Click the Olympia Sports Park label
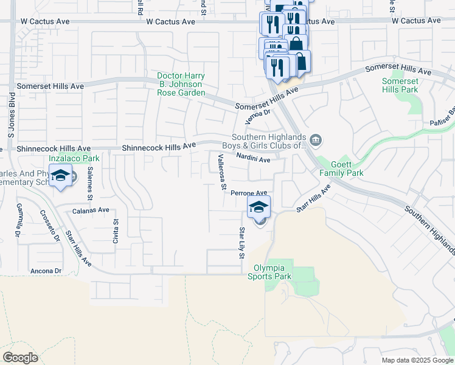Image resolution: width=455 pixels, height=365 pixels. pyautogui.click(x=269, y=271)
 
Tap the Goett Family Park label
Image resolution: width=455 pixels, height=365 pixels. pyautogui.click(x=341, y=169)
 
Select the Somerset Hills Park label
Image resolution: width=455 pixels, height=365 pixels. pyautogui.click(x=400, y=85)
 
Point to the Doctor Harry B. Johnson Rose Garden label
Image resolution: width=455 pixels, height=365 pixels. pyautogui.click(x=181, y=85)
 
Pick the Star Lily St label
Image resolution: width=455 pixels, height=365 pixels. pyautogui.click(x=241, y=242)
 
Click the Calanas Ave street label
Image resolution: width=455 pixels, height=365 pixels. pyautogui.click(x=91, y=210)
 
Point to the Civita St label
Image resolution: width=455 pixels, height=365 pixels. pyautogui.click(x=115, y=231)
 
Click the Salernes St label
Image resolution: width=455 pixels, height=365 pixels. pyautogui.click(x=89, y=183)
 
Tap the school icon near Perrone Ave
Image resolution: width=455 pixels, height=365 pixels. pyautogui.click(x=259, y=207)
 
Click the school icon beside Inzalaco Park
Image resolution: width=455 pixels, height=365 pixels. pyautogui.click(x=60, y=176)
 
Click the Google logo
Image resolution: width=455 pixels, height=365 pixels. pyautogui.click(x=20, y=358)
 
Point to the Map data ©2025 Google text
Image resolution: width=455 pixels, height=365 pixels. pyautogui.click(x=417, y=360)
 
